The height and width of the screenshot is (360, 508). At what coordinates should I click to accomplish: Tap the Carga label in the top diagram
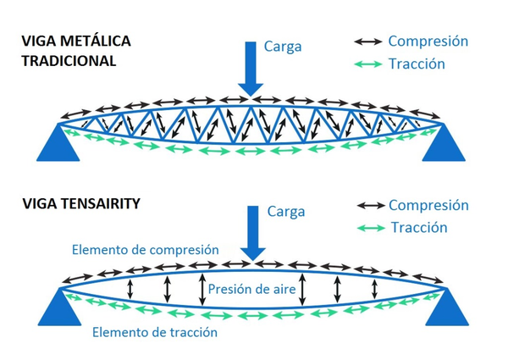pos(283,46)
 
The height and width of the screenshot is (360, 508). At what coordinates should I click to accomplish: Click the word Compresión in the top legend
pos(428,41)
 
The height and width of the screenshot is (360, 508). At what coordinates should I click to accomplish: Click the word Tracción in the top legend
pos(417,64)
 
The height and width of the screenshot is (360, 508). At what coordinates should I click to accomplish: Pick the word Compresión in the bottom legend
pos(428,205)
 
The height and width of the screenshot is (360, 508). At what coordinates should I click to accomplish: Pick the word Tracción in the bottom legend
pos(418,227)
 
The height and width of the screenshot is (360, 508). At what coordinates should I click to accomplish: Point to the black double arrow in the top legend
pos(366,42)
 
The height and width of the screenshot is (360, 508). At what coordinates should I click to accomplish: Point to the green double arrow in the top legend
pos(366,64)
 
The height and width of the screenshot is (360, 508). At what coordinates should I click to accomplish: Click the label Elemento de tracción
pos(155,332)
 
